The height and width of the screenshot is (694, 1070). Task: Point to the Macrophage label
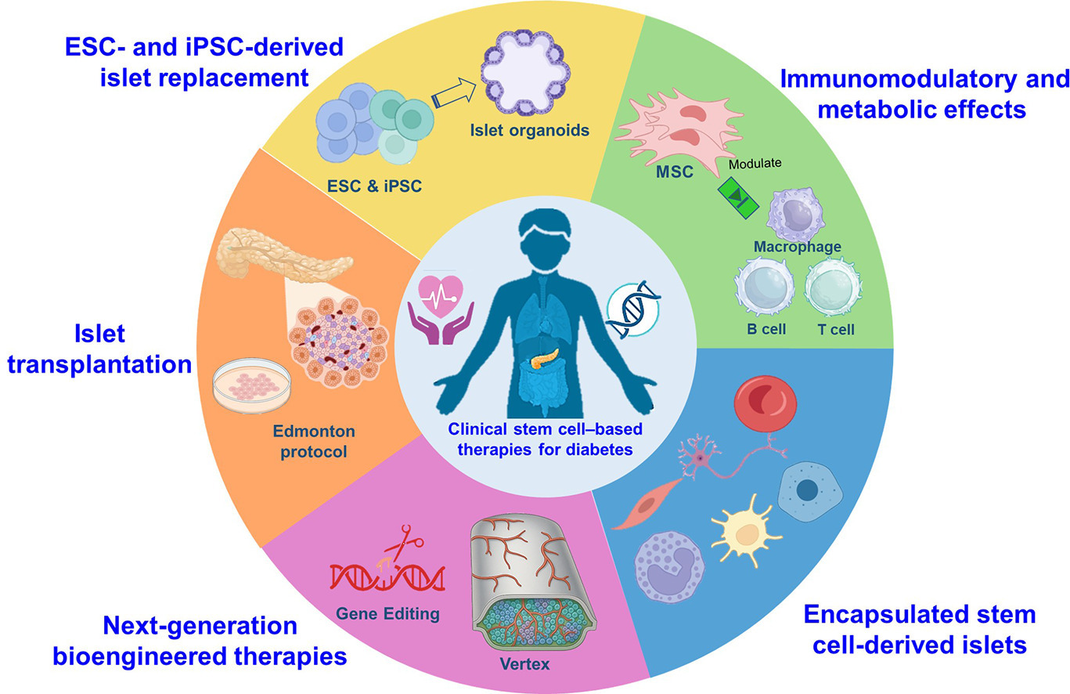(797, 248)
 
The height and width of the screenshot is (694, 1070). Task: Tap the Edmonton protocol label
(314, 442)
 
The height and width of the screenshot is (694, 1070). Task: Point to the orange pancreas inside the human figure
(546, 360)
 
